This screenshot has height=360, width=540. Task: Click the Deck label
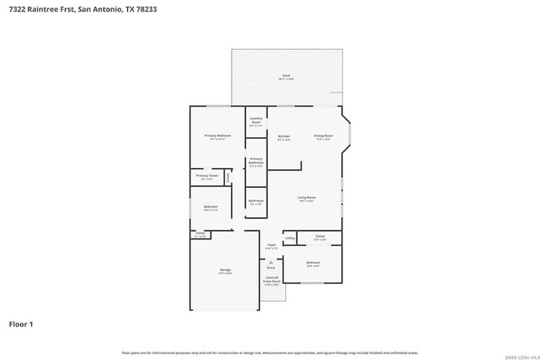(x=286, y=76)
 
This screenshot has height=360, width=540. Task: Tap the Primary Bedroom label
(x=218, y=136)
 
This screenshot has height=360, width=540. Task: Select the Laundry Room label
(x=257, y=120)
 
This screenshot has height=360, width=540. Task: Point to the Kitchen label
(x=284, y=136)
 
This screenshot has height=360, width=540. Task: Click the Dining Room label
(x=323, y=136)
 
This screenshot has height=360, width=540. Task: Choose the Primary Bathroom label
(x=256, y=160)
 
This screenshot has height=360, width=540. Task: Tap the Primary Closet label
(x=207, y=175)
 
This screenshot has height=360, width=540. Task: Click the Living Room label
(x=307, y=197)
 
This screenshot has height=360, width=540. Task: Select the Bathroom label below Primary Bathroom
(x=256, y=200)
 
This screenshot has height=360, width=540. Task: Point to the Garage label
(x=225, y=270)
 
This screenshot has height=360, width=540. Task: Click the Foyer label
(x=272, y=245)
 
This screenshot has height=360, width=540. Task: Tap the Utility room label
(x=290, y=239)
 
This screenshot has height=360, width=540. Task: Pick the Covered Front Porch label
(x=272, y=280)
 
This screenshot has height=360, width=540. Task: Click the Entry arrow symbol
(x=271, y=262)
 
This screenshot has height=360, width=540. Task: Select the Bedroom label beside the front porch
(x=312, y=263)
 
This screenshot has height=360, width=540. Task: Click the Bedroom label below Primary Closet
(x=210, y=207)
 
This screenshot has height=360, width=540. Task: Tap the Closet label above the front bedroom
(x=321, y=236)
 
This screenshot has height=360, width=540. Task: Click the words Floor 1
(x=21, y=323)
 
